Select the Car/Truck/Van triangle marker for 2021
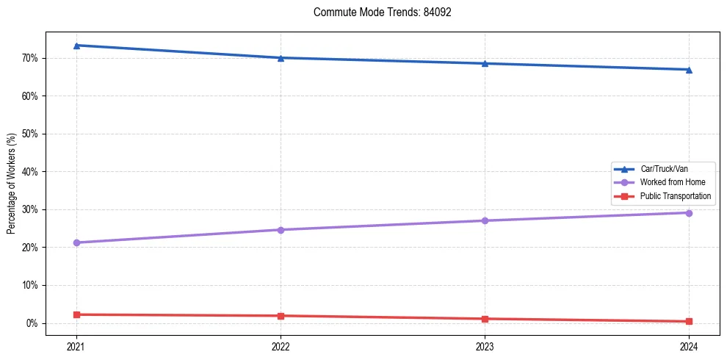tap(76, 46)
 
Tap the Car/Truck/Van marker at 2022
tap(281, 58)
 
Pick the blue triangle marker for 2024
tap(689, 70)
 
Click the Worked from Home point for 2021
tap(76, 242)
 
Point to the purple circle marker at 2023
tap(485, 220)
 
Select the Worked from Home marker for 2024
tap(689, 213)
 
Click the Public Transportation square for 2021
tap(76, 314)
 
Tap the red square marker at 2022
tap(281, 316)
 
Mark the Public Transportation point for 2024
tap(689, 321)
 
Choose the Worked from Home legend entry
tap(669, 182)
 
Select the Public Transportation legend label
tap(675, 196)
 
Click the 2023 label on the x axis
tap(485, 345)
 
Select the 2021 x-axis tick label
tap(76, 345)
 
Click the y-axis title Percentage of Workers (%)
tap(11, 184)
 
